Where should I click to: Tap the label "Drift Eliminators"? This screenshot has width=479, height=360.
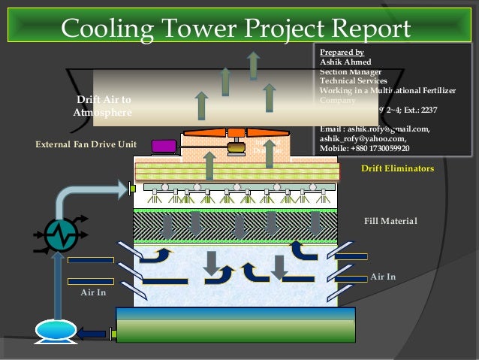pyautogui.click(x=397, y=169)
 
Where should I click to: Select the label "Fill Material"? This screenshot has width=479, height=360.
pyautogui.click(x=390, y=221)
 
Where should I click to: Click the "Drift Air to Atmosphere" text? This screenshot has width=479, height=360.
pyautogui.click(x=103, y=106)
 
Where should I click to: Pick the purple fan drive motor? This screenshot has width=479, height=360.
pyautogui.click(x=163, y=146)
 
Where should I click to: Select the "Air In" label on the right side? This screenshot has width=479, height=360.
pyautogui.click(x=383, y=277)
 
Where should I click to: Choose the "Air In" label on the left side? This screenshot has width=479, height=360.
pyautogui.click(x=94, y=292)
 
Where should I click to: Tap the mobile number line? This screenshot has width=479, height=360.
pyautogui.click(x=365, y=148)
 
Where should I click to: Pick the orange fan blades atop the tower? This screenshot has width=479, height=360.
pyautogui.click(x=236, y=134)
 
